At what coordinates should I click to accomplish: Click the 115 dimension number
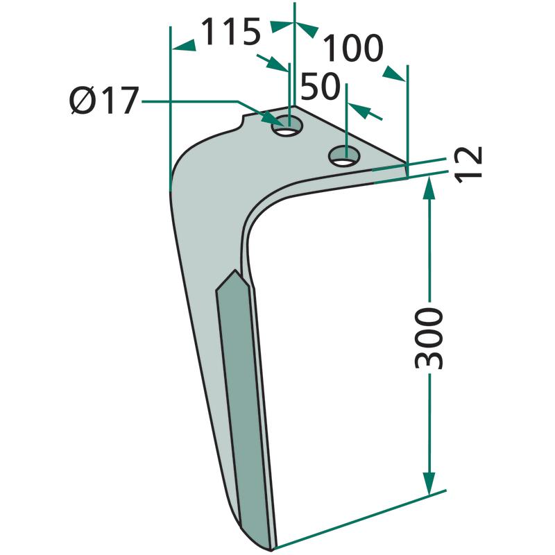click(231, 32)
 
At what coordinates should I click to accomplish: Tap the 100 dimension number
click(353, 48)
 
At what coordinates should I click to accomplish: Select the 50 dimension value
click(321, 86)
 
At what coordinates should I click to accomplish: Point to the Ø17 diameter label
click(103, 101)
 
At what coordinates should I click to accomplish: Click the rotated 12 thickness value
click(469, 164)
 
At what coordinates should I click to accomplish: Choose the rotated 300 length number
click(429, 339)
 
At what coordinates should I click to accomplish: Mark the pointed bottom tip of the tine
click(271, 550)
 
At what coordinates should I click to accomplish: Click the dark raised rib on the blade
click(244, 407)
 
